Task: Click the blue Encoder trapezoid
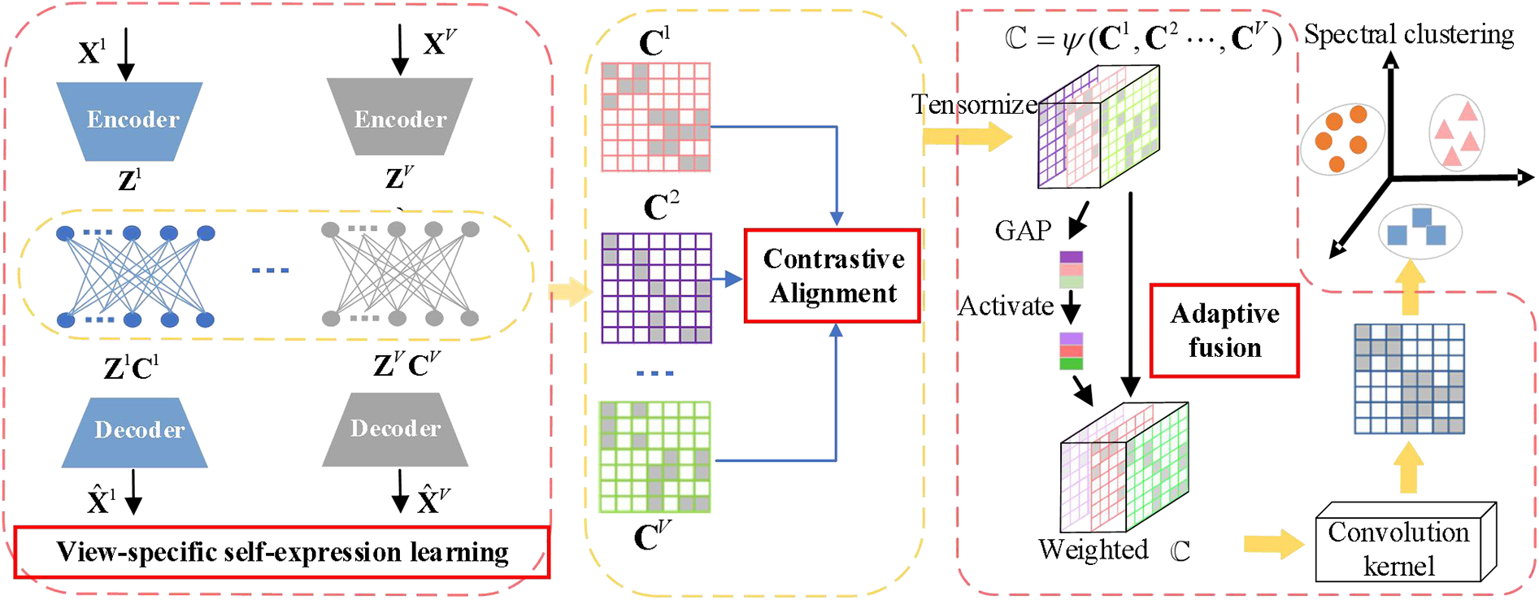130,120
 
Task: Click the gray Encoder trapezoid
399,118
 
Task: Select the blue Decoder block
136,431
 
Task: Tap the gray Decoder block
395,429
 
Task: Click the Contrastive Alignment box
833,276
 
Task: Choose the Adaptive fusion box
1224,330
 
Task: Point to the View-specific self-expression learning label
282,553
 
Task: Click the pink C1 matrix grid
655,117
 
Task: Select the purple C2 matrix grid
656,288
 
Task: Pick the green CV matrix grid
654,456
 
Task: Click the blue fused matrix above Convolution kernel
1409,379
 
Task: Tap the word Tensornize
974,105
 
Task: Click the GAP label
1023,231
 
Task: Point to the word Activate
1006,307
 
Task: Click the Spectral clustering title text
1409,35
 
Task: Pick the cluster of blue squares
1419,229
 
